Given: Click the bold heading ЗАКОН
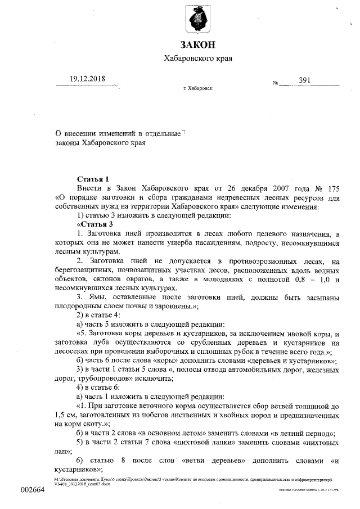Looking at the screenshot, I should coord(197,45).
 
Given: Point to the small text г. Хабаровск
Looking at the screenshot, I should coord(198,89).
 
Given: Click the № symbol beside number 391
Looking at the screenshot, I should coord(276,83).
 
